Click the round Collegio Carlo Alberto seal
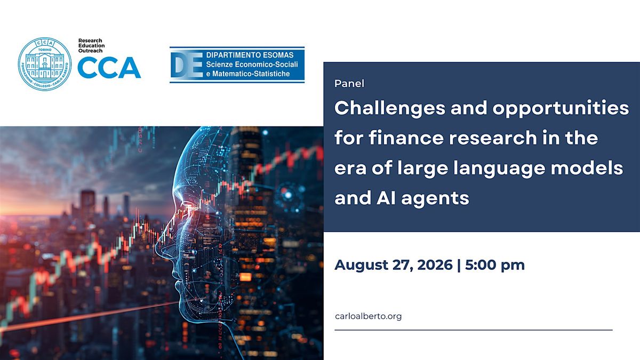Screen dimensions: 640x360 pos(45,63)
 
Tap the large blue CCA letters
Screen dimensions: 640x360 pos(109,67)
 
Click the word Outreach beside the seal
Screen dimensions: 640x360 pos(90,51)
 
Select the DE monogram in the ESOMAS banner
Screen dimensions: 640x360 pos(187,65)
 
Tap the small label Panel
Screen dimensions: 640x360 pos(349,83)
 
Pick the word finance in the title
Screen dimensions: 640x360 pos(406,138)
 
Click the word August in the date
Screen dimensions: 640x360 pos(361,266)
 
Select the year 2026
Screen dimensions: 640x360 pos(435,265)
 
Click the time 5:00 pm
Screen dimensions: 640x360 pos(495,266)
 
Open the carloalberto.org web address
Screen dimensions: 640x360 pos(368,316)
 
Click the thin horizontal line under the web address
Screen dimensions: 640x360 pos(474,330)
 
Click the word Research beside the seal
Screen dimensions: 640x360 pos(90,41)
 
